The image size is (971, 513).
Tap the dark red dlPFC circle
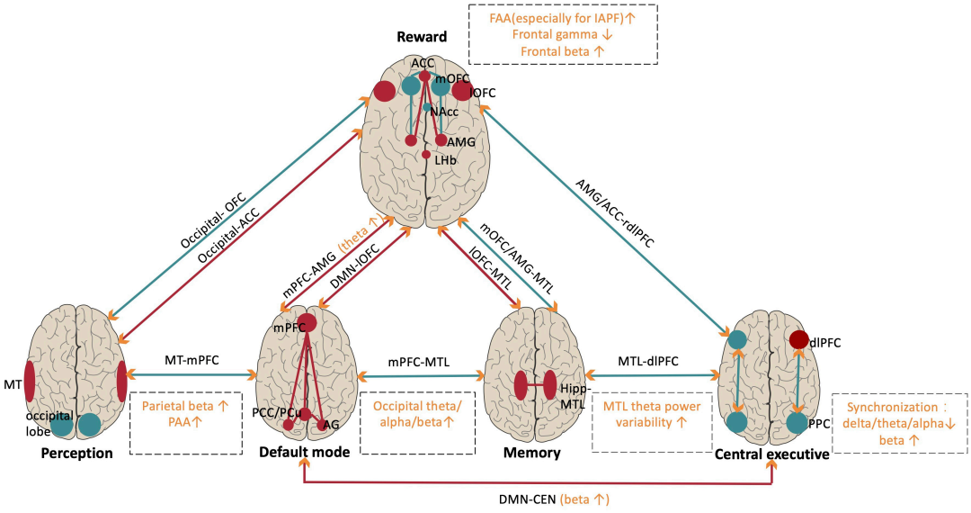point(798,339)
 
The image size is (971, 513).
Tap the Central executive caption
point(771,454)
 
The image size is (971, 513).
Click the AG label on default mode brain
point(332,424)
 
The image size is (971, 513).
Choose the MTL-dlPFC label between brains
point(647,361)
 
